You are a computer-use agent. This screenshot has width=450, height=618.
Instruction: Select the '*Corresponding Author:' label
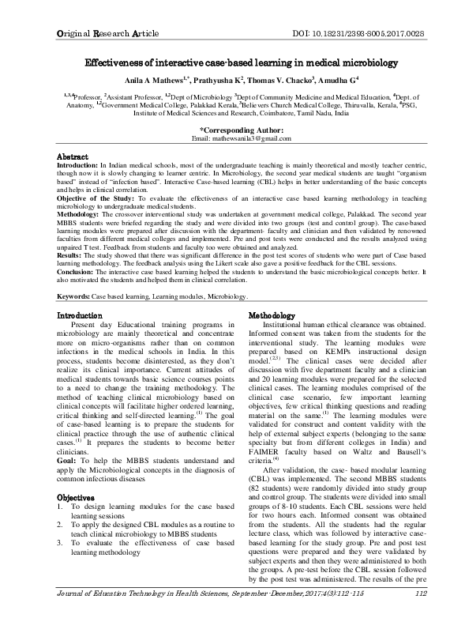(226, 129)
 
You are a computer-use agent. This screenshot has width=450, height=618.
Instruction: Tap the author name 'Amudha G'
(336, 80)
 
